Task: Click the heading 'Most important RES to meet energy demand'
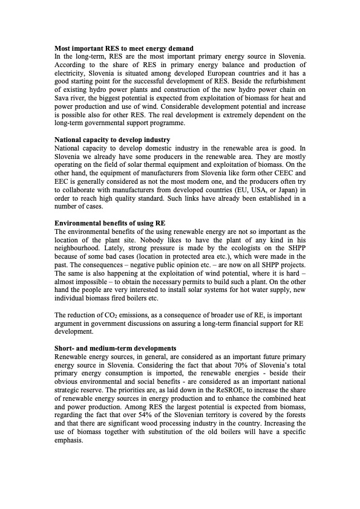124,48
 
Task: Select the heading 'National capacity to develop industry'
113,140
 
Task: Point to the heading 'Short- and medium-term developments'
115,348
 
